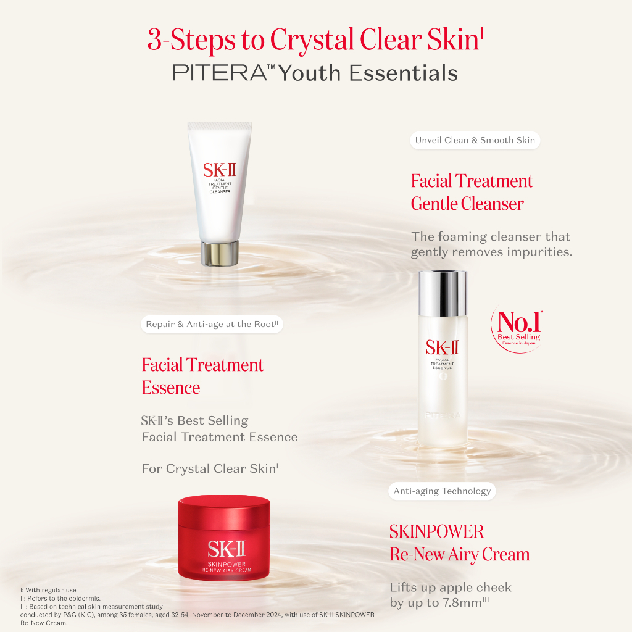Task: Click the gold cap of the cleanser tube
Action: pyautogui.click(x=220, y=254)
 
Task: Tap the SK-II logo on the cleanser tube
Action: pyautogui.click(x=220, y=170)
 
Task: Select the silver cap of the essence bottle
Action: pyautogui.click(x=443, y=293)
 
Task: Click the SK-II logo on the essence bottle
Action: pyautogui.click(x=442, y=347)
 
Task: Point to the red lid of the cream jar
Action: pyautogui.click(x=224, y=510)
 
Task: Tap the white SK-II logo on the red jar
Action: pyautogui.click(x=226, y=549)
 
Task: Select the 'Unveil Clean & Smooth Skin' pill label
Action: pyautogui.click(x=475, y=140)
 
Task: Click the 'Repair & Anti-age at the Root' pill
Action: pyautogui.click(x=212, y=324)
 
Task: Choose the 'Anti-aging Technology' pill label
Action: pyautogui.click(x=442, y=491)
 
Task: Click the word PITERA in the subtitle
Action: pyautogui.click(x=220, y=73)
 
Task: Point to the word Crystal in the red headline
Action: pyautogui.click(x=312, y=40)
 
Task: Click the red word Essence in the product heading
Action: pyautogui.click(x=171, y=388)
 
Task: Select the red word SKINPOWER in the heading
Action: pyautogui.click(x=436, y=531)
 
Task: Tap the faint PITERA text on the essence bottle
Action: pyautogui.click(x=443, y=415)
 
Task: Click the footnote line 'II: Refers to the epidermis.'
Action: pyautogui.click(x=60, y=598)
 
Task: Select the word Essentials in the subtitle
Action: pyautogui.click(x=403, y=73)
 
